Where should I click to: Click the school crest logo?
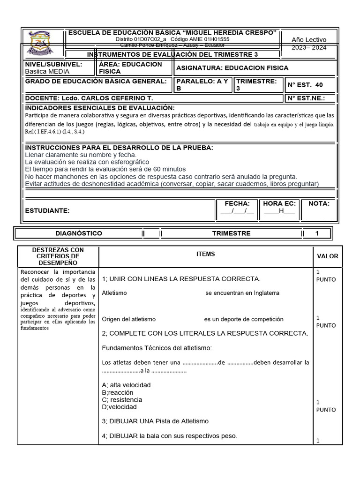pos(41,44)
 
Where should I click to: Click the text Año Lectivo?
pos(309,40)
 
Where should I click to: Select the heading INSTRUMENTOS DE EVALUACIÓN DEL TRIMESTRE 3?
pos(172,55)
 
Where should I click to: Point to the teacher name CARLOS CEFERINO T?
pos(117,98)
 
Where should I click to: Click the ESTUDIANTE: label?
pos(47,210)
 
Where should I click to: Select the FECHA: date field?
pos(237,207)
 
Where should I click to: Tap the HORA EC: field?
pos(279,207)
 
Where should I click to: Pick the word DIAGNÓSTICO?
pos(79,233)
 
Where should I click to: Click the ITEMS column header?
pos(206,254)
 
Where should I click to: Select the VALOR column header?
pos(327,256)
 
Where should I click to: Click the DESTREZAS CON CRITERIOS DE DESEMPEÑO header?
pos(58,256)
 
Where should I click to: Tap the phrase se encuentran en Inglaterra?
pos(242,293)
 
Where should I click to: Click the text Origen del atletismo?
pos(128,319)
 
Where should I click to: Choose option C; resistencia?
pos(122,400)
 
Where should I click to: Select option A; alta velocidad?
pos(126,385)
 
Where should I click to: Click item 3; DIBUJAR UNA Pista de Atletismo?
pos(155,421)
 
